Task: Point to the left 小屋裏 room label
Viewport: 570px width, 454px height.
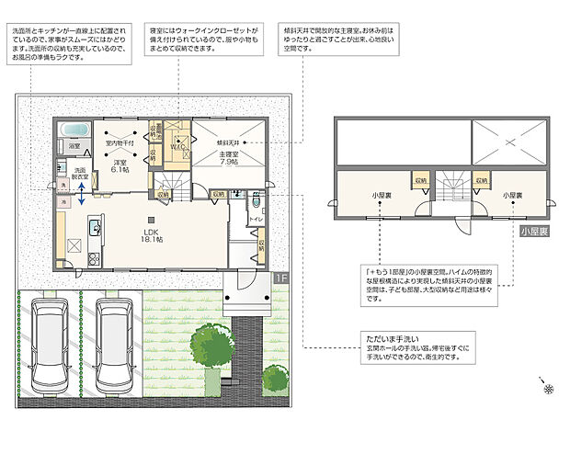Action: pos(383,196)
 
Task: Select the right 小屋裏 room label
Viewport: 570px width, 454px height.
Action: pos(513,196)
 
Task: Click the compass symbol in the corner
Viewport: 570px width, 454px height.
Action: pos(548,389)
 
